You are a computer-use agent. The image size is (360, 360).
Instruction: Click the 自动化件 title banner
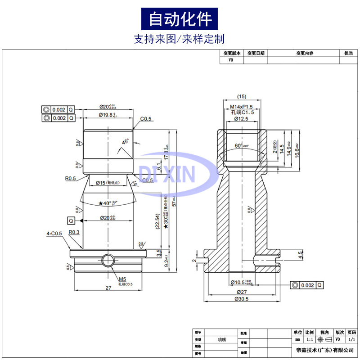[x=180, y=19]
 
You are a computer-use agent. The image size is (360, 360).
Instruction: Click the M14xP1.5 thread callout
[x=242, y=107]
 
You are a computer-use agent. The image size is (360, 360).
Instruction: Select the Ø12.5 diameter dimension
[x=241, y=119]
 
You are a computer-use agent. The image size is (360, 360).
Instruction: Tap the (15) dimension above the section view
[x=242, y=96]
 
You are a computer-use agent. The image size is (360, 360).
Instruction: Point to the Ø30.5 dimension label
[x=242, y=299]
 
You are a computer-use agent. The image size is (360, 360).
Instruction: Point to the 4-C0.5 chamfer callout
[x=54, y=234]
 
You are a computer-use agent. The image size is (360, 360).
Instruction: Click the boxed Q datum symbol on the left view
[x=71, y=220]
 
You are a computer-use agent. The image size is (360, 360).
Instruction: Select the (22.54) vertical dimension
[x=156, y=222]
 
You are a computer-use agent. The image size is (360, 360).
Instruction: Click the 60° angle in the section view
[x=241, y=146]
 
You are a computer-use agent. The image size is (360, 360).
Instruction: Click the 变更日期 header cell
[x=256, y=53]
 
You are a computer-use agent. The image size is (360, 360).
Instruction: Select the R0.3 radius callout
[x=74, y=232]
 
